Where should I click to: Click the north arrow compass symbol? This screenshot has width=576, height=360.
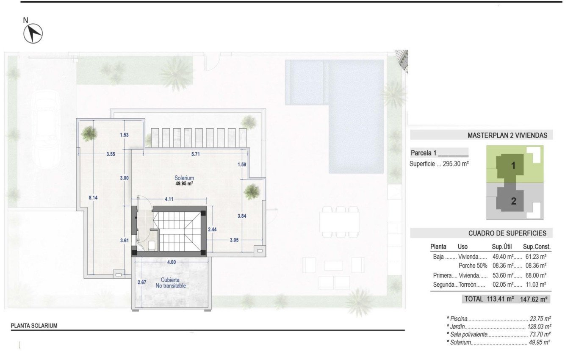click(x=33, y=33)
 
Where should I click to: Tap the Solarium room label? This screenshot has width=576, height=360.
click(x=184, y=178)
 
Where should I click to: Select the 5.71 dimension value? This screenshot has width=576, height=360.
click(x=195, y=154)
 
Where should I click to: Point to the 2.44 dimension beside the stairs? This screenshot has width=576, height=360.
click(x=212, y=229)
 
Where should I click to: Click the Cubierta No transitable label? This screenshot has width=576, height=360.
click(x=171, y=283)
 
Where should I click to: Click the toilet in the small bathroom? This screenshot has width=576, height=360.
click(x=152, y=246)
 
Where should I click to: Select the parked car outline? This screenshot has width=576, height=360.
click(x=46, y=127)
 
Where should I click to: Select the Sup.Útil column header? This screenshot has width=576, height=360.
click(x=502, y=246)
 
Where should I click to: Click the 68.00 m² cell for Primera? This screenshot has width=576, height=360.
click(x=534, y=275)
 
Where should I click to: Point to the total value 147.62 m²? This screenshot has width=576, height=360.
click(x=534, y=299)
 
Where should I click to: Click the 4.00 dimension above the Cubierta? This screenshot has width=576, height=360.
click(x=171, y=262)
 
